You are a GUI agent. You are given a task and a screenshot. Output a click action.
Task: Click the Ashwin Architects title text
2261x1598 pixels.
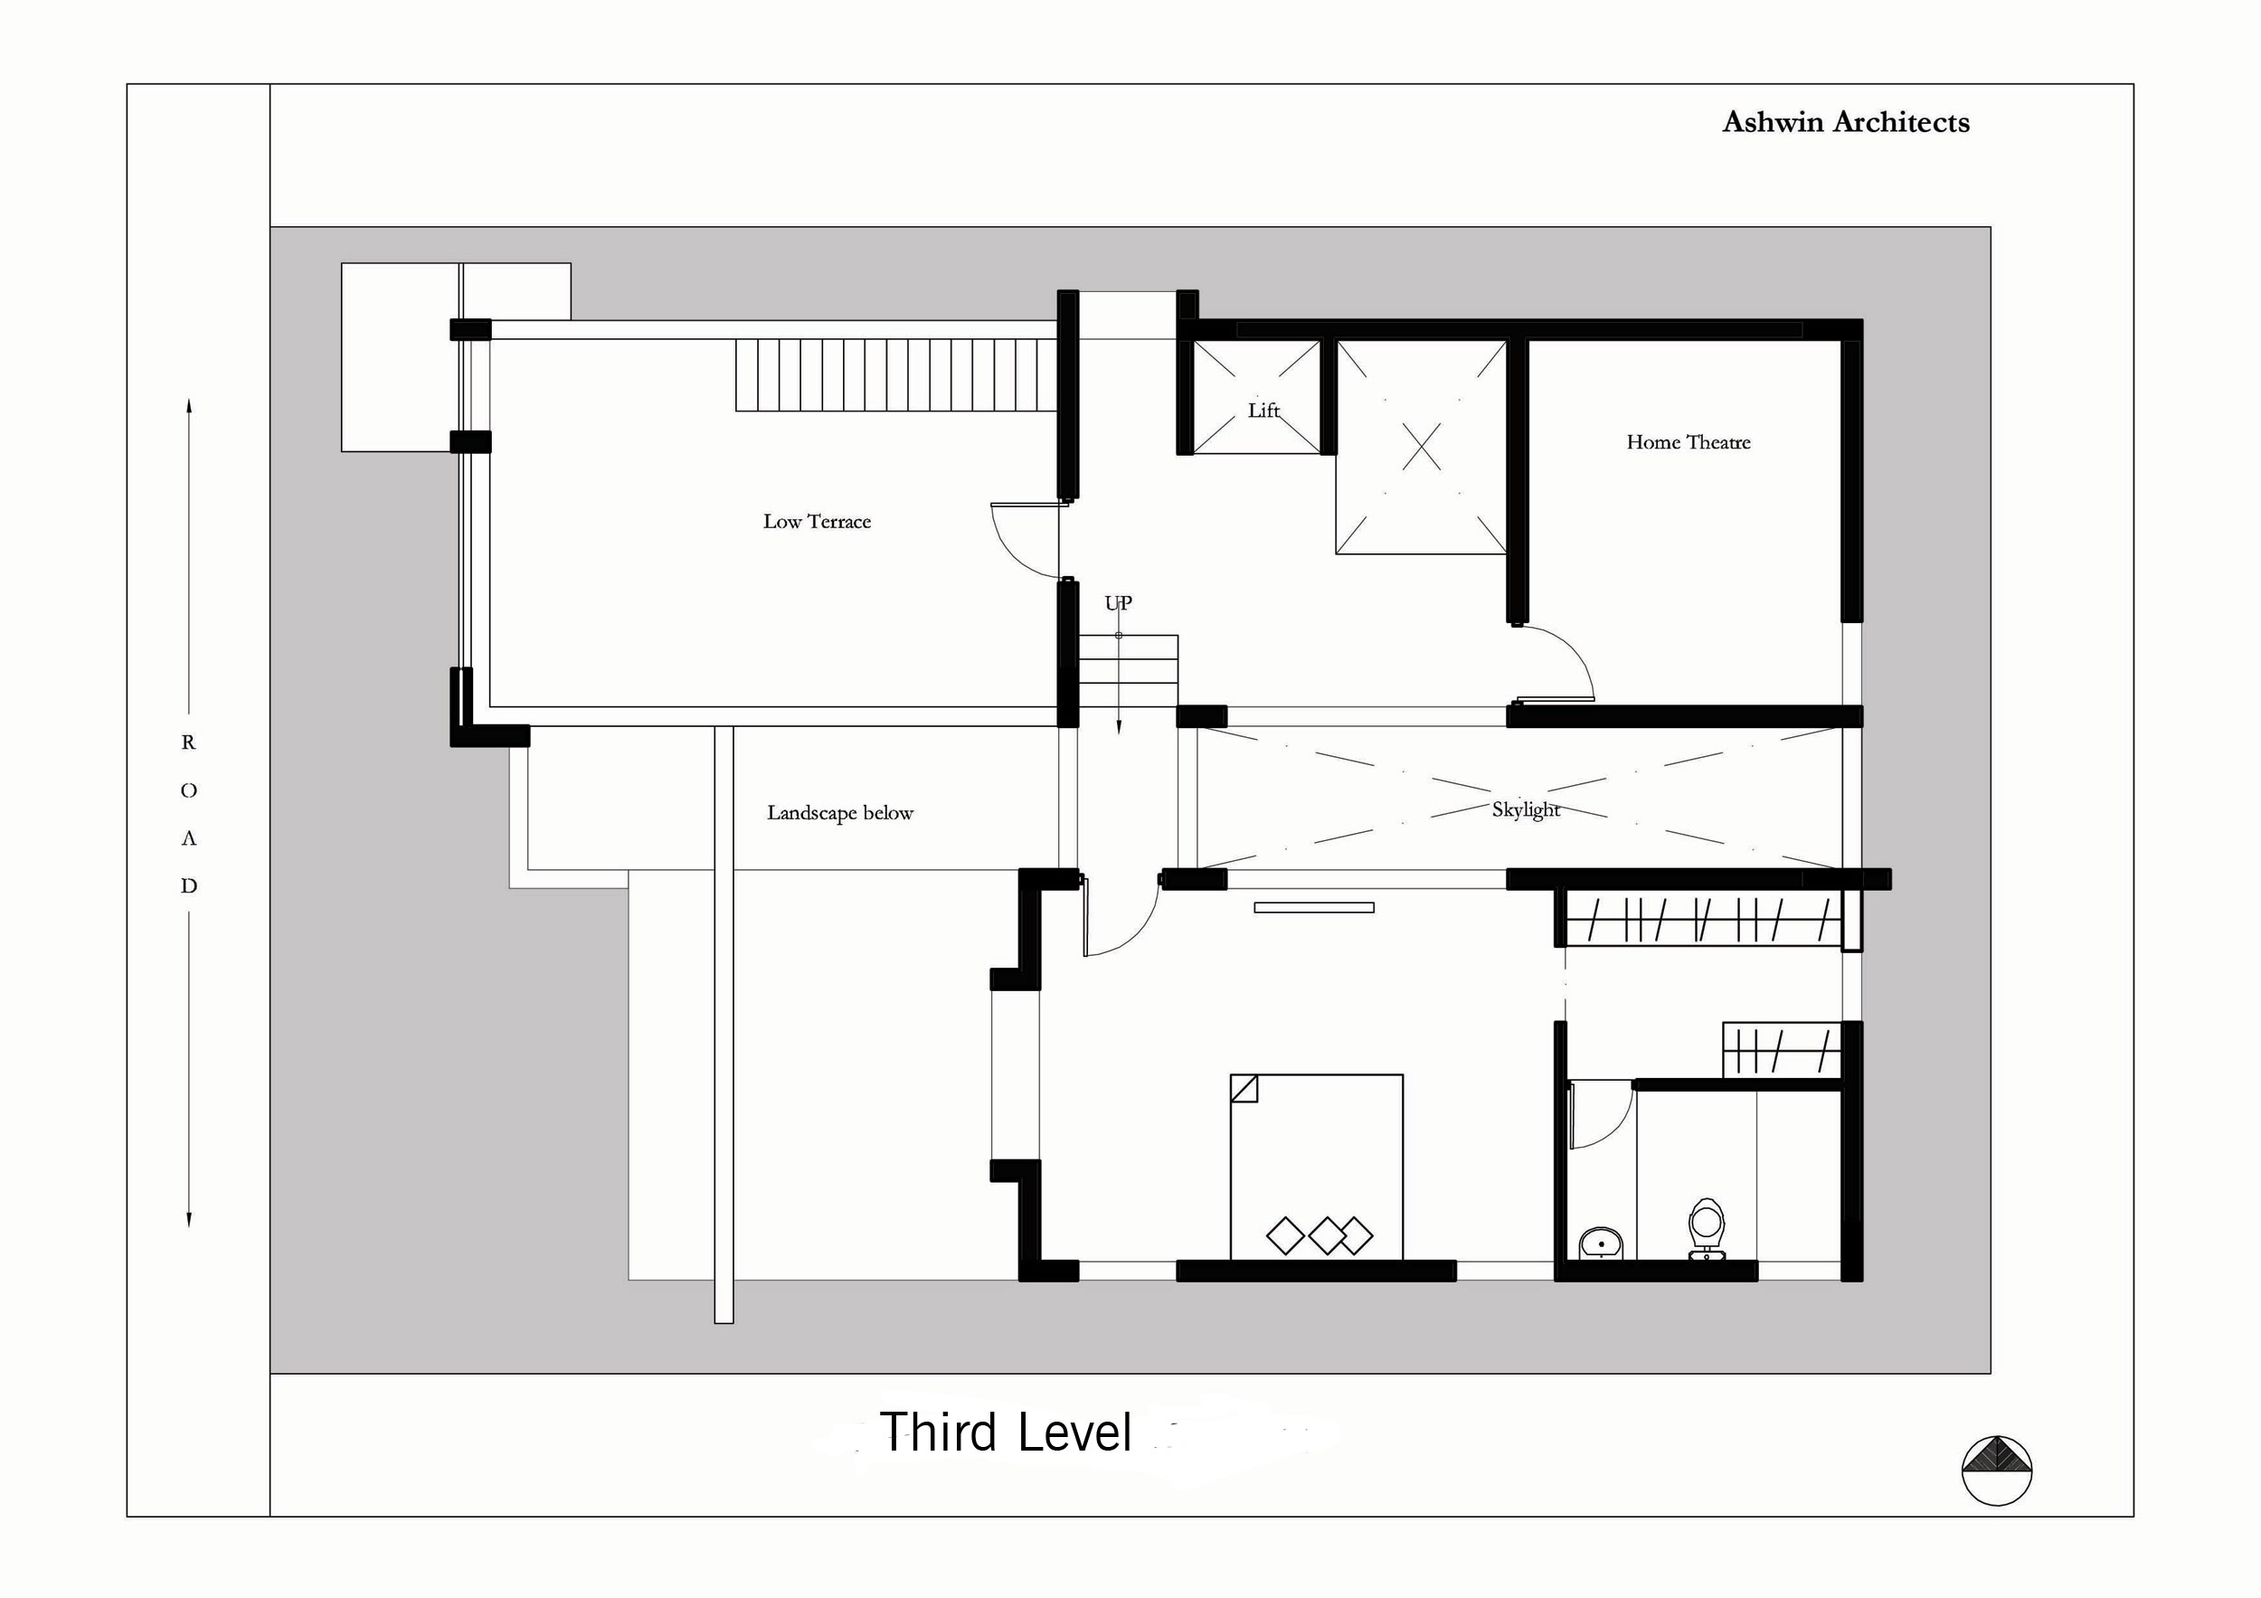(x=1846, y=122)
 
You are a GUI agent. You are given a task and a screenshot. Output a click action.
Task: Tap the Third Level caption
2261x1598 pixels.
(x=1006, y=1433)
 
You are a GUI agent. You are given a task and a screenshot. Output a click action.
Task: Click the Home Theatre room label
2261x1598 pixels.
(x=1688, y=442)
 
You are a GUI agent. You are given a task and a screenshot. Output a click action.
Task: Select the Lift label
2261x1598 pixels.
(x=1263, y=410)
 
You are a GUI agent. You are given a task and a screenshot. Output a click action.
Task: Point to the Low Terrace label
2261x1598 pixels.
(x=817, y=522)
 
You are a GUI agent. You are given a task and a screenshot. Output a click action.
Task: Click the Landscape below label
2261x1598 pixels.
(x=840, y=813)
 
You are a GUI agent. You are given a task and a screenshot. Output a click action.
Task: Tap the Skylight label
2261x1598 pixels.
(x=1526, y=809)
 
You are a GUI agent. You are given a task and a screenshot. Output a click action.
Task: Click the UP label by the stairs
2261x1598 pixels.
(x=1118, y=602)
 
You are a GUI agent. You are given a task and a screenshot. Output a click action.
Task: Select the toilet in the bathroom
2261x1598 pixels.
(x=1706, y=1230)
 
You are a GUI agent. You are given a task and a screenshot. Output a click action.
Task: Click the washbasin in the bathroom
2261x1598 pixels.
(x=1600, y=1243)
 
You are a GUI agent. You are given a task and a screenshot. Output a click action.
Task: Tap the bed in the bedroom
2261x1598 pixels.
(x=1316, y=1167)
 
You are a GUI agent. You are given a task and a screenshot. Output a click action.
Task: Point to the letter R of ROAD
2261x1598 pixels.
(x=188, y=742)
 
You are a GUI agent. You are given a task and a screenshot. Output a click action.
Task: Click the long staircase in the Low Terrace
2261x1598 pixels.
(x=896, y=375)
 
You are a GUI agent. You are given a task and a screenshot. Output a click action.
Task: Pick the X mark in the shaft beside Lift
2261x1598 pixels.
(x=1421, y=447)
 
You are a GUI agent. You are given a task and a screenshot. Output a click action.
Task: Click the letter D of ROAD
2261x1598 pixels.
(x=188, y=886)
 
